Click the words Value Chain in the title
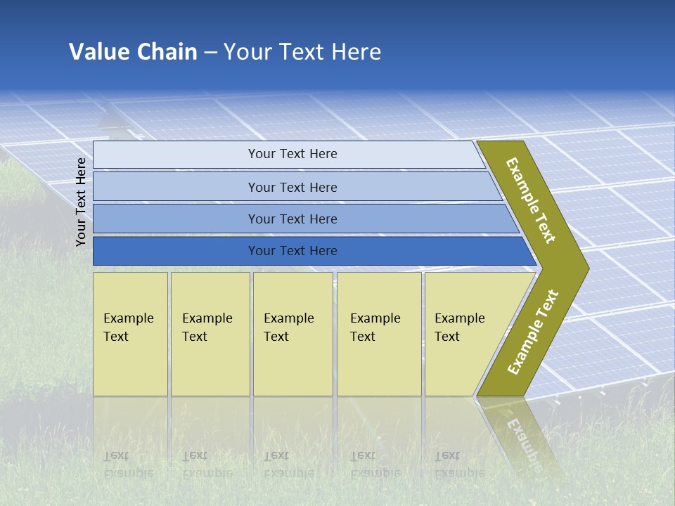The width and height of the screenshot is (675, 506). (133, 52)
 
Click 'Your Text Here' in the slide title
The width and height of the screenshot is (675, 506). (302, 52)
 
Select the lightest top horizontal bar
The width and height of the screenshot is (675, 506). (176, 155)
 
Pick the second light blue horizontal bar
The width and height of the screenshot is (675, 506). (176, 187)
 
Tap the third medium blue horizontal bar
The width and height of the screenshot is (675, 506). (176, 219)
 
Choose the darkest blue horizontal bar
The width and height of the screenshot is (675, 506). (176, 251)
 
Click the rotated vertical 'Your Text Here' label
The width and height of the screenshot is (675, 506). (82, 202)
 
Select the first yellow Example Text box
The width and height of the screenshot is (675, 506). (130, 334)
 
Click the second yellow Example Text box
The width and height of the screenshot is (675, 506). (210, 334)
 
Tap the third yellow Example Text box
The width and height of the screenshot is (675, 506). (292, 334)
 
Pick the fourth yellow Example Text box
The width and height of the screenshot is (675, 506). (378, 334)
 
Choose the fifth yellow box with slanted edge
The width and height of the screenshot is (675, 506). (464, 334)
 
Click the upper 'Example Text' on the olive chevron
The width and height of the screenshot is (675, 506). (531, 200)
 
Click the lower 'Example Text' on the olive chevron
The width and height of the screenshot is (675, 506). (532, 332)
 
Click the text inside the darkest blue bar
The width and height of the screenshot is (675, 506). (292, 251)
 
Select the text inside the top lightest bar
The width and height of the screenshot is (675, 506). (292, 154)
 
